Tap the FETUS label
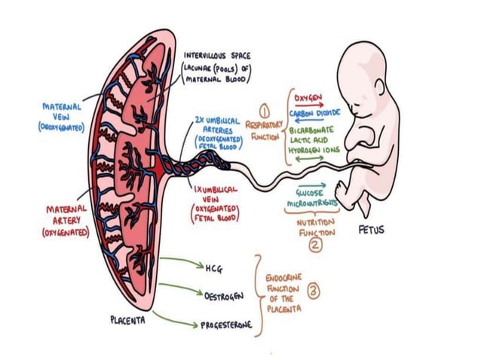(x=371, y=230)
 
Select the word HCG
(x=213, y=267)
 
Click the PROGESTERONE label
(x=225, y=325)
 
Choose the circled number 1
(x=265, y=111)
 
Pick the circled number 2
(x=316, y=243)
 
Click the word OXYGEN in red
(x=308, y=98)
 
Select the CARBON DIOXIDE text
(x=314, y=112)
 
